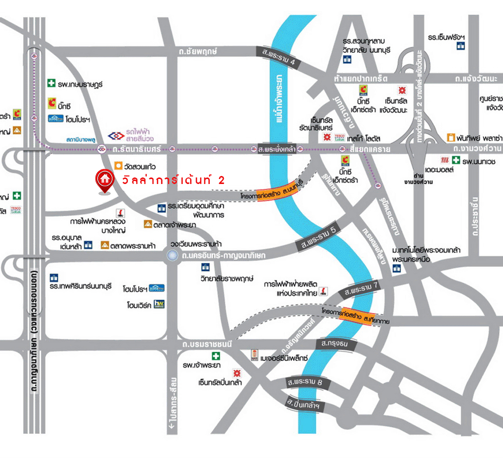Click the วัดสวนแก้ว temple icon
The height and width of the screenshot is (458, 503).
[118, 165]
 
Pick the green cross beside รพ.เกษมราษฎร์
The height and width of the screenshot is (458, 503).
[51, 83]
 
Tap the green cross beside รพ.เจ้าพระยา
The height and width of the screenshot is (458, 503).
[217, 356]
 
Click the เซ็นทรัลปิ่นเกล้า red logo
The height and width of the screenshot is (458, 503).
[236, 373]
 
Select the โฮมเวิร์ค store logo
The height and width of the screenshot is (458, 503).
[159, 304]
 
